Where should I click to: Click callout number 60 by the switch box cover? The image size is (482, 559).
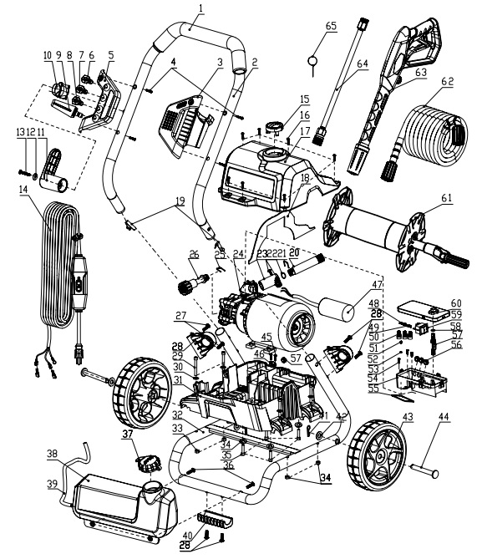click(x=456, y=302)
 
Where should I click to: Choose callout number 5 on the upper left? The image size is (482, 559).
click(x=111, y=55)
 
